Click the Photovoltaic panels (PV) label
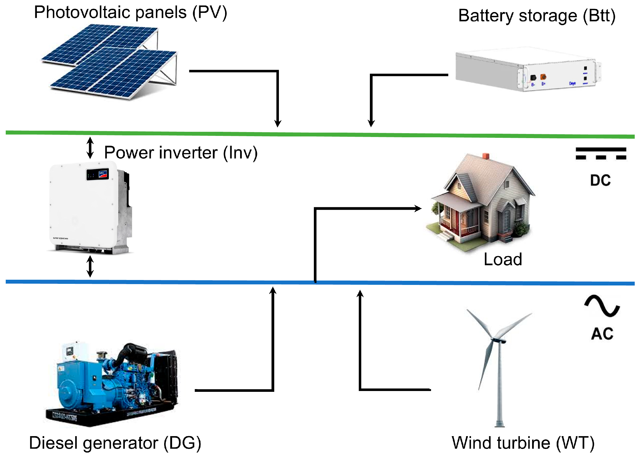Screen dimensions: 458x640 (x=130, y=13)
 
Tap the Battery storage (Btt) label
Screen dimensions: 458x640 (x=537, y=16)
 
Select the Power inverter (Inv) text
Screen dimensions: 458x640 (x=181, y=153)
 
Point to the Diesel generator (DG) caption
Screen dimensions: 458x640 (x=115, y=443)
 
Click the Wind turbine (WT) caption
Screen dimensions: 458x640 (x=523, y=443)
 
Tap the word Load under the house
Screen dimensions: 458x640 (x=503, y=259)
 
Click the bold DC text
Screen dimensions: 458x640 (x=600, y=180)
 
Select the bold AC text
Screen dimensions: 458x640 (x=602, y=334)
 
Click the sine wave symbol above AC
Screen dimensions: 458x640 (x=602, y=306)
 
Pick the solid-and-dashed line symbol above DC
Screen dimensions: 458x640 (x=601, y=153)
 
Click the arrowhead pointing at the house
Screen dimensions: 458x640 (x=418, y=209)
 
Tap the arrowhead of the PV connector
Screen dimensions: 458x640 (x=278, y=123)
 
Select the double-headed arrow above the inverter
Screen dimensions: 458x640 (x=90, y=148)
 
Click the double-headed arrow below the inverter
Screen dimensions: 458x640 (x=90, y=266)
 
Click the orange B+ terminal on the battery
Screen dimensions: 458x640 (x=543, y=77)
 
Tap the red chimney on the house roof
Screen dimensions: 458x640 (x=486, y=156)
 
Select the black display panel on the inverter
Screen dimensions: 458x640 (x=98, y=174)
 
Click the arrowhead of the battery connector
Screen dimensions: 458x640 (x=371, y=123)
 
